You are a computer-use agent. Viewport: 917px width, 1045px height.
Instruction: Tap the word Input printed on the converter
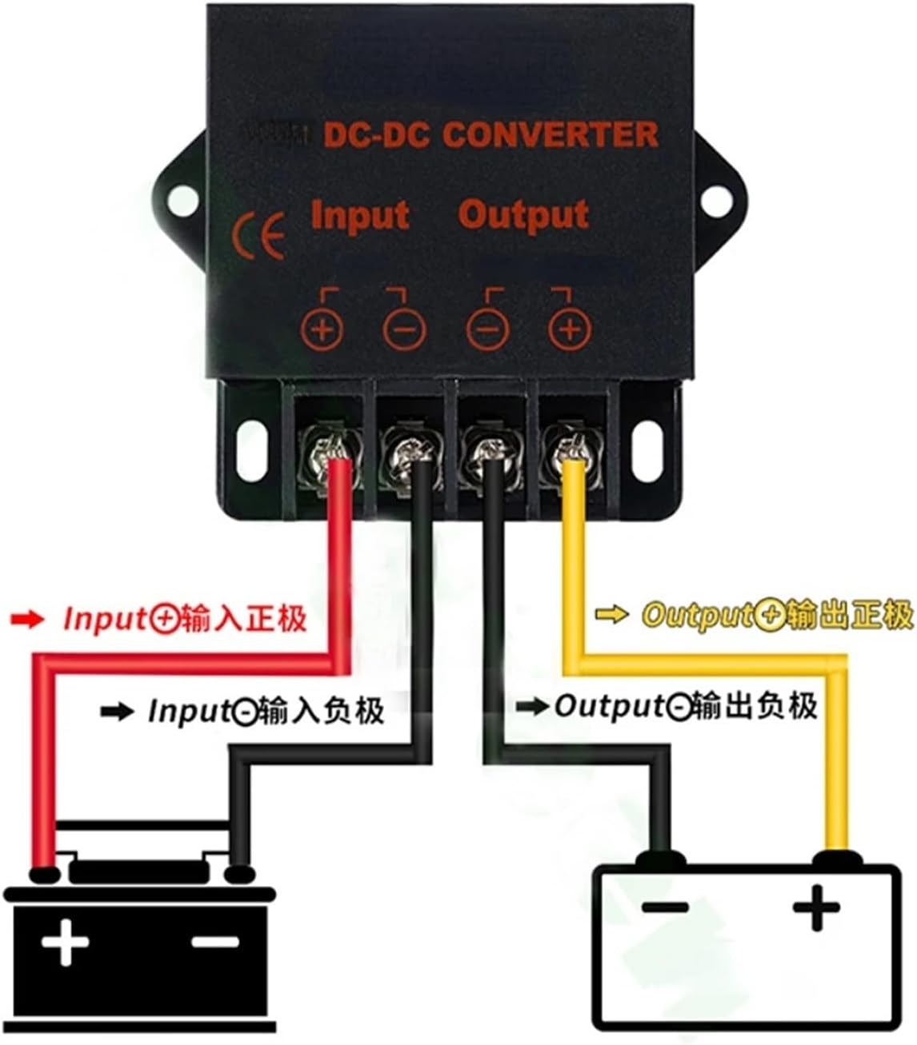359,216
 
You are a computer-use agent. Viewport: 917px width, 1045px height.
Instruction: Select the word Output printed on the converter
523,216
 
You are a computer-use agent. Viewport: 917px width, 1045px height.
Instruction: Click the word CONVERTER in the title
551,134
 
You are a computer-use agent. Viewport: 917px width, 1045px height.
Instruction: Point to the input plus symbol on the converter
322,329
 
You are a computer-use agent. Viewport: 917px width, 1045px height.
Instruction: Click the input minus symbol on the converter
404,329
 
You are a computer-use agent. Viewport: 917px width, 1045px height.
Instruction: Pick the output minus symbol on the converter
487,329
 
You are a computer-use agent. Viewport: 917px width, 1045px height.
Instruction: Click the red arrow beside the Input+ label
27,620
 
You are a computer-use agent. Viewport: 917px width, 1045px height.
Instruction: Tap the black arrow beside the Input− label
117,712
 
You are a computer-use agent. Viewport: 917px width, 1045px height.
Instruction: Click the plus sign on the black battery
66,943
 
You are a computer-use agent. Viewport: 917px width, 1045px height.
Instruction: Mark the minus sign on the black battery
215,941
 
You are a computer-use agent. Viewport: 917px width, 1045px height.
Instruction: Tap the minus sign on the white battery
664,907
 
